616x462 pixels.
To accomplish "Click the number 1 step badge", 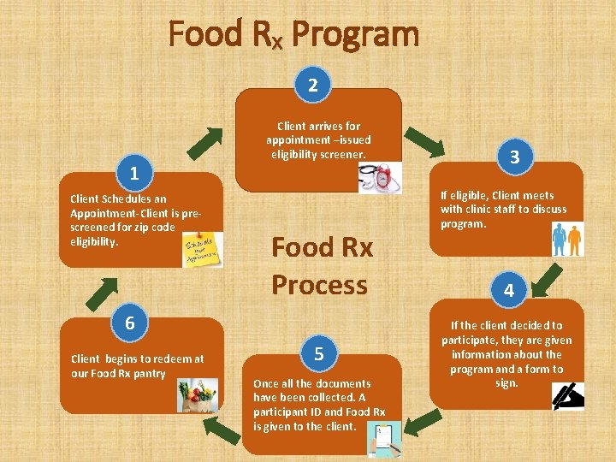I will click(134, 174).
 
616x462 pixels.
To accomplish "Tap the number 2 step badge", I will click(314, 85).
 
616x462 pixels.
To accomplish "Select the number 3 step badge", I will click(514, 157).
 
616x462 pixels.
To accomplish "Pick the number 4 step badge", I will click(509, 291).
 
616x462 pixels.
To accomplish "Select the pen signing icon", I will click(568, 394).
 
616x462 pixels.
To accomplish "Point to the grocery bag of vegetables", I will click(198, 396).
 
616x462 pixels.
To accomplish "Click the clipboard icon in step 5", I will click(383, 440).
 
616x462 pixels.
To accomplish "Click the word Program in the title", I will click(355, 35).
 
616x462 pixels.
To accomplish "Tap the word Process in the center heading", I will click(320, 284).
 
